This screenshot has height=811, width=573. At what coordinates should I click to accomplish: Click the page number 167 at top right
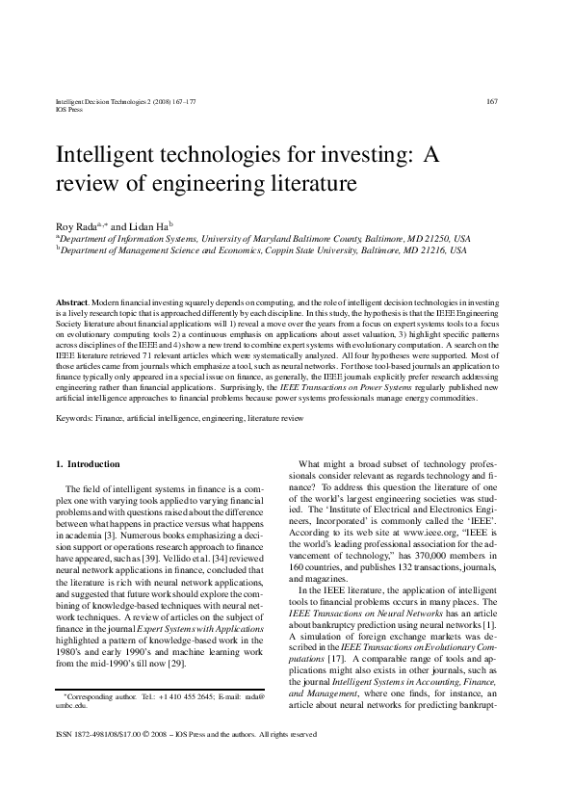(x=491, y=102)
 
